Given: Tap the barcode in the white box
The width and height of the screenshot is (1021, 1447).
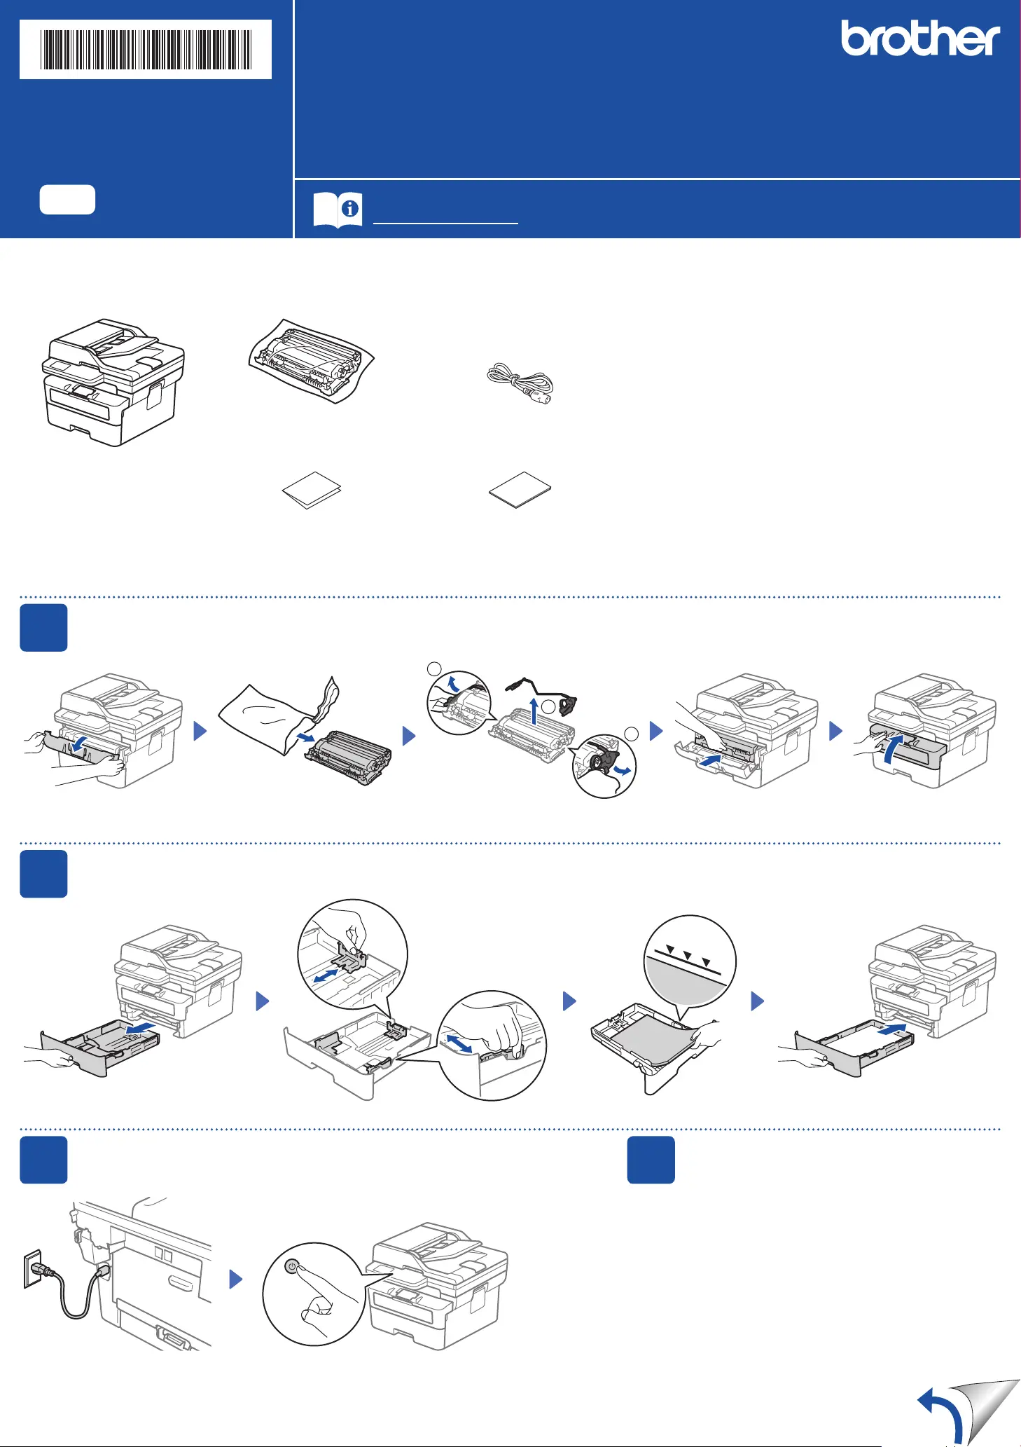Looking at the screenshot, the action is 146,50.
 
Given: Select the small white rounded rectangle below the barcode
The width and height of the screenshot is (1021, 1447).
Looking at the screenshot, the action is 67,200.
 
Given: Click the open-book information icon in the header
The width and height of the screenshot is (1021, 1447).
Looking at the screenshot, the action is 338,210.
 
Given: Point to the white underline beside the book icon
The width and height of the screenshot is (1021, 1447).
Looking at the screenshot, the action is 446,223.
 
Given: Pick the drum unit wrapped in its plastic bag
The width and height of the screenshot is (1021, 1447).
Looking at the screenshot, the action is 312,360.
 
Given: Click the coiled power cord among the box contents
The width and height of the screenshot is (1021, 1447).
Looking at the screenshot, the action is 520,383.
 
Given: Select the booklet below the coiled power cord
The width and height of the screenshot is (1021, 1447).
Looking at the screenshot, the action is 520,489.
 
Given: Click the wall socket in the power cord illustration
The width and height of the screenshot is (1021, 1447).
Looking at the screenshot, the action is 32,1269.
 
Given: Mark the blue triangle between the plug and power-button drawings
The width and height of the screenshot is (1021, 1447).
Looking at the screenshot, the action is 236,1280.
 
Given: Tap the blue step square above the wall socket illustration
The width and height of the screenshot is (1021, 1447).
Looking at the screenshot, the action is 43,1160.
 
